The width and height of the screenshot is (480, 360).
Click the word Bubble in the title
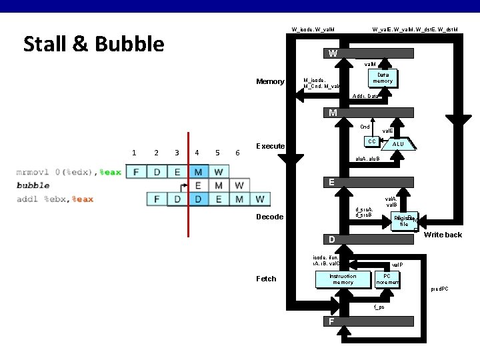click(130, 44)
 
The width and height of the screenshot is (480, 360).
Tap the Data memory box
click(383, 77)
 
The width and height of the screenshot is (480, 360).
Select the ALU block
click(398, 143)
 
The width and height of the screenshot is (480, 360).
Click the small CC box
click(371, 141)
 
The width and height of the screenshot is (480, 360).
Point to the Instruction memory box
click(343, 279)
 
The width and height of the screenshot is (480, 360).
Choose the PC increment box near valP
click(387, 279)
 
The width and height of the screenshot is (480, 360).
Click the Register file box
click(404, 221)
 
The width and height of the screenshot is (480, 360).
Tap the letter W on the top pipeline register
click(333, 53)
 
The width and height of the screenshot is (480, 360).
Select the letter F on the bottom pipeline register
click(331, 322)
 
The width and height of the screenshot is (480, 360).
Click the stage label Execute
click(271, 146)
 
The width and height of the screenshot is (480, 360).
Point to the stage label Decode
click(270, 217)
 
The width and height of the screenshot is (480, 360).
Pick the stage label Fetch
click(266, 279)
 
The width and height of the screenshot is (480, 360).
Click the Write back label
click(443, 235)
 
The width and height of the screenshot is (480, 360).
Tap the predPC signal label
click(439, 289)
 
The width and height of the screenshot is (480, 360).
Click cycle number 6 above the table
click(238, 153)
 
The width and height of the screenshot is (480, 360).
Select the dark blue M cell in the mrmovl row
click(198, 173)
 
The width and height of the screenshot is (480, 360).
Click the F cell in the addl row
click(156, 199)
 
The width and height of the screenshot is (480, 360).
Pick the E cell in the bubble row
click(198, 185)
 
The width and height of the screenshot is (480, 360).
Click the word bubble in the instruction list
click(33, 185)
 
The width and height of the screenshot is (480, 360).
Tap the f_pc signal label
click(379, 307)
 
